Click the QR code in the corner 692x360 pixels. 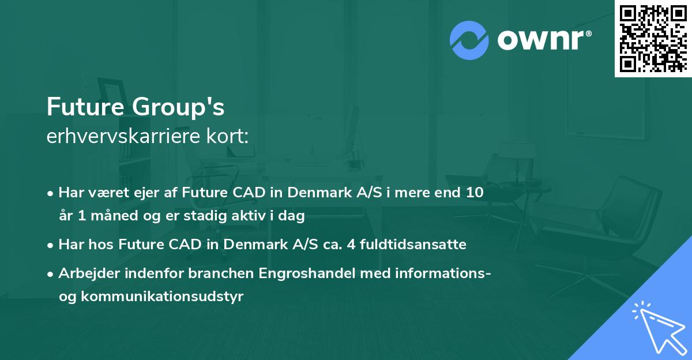click(x=653, y=39)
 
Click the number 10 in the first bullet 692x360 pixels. click(x=475, y=193)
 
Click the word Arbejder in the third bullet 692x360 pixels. click(x=84, y=273)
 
